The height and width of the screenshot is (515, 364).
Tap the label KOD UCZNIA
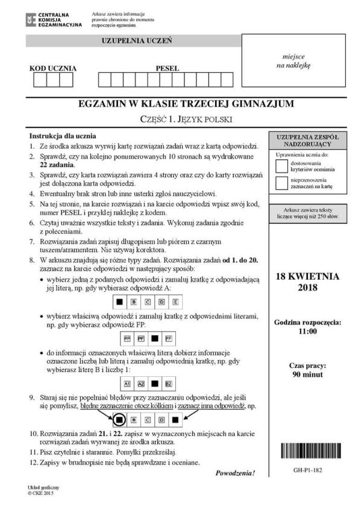pyautogui.click(x=53, y=68)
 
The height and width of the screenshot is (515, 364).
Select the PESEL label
pyautogui.click(x=168, y=68)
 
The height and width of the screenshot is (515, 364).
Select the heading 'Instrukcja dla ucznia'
pyautogui.click(x=63, y=136)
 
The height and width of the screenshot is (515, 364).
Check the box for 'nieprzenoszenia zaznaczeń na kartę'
pyautogui.click(x=281, y=183)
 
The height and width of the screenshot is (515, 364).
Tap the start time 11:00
pyautogui.click(x=307, y=331)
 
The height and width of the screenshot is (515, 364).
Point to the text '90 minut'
pyautogui.click(x=307, y=374)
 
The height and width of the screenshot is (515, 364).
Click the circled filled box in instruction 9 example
pyautogui.click(x=120, y=418)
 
